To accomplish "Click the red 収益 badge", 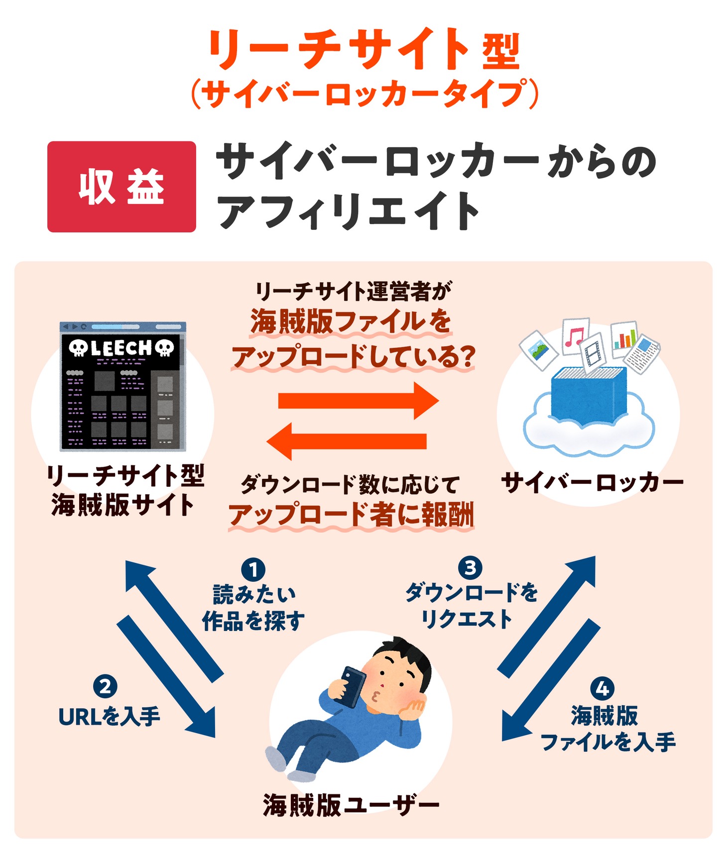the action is point(121,187).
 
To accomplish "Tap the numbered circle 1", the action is point(253,569).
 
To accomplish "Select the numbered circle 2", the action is point(105,687).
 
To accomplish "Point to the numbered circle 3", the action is point(470,568).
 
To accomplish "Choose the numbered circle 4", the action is point(602,689).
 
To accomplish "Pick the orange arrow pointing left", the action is point(347,441).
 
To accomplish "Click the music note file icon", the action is point(575,336).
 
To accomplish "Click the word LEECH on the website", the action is point(121,348).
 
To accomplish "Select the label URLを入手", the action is point(109,717).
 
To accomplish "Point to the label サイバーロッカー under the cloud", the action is point(592,482).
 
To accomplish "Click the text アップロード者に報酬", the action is point(351,515).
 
